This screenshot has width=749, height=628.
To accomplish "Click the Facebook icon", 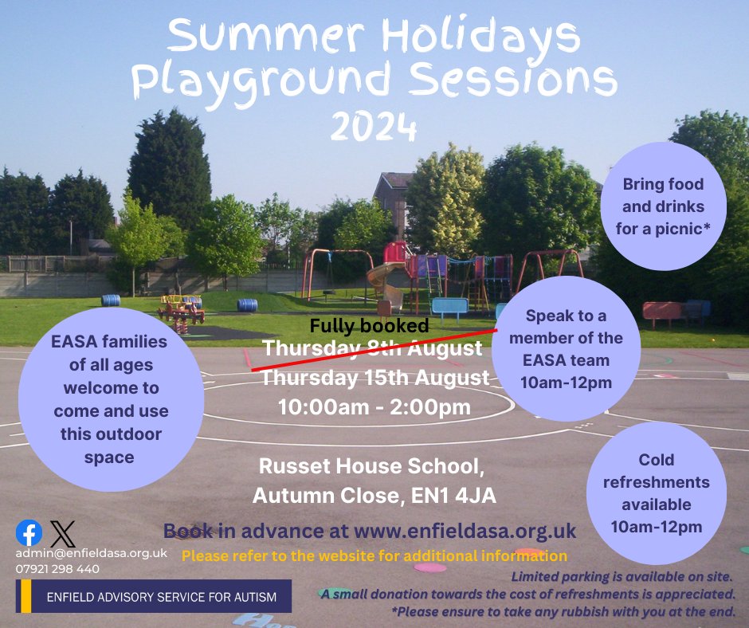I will (29, 532).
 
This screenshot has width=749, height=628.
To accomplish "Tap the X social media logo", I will (63, 532).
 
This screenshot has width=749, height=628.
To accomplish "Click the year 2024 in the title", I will (374, 125).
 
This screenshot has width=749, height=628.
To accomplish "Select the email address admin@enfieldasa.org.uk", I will (92, 553).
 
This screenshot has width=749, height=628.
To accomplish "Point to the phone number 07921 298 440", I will (57, 569).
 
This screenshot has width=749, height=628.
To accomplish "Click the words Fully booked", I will (369, 325).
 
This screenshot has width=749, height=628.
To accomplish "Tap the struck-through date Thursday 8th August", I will (372, 349).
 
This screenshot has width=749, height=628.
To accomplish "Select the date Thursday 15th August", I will (374, 378).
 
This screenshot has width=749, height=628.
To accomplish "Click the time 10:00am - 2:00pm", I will (374, 406).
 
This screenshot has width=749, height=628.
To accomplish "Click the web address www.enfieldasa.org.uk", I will (465, 531).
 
